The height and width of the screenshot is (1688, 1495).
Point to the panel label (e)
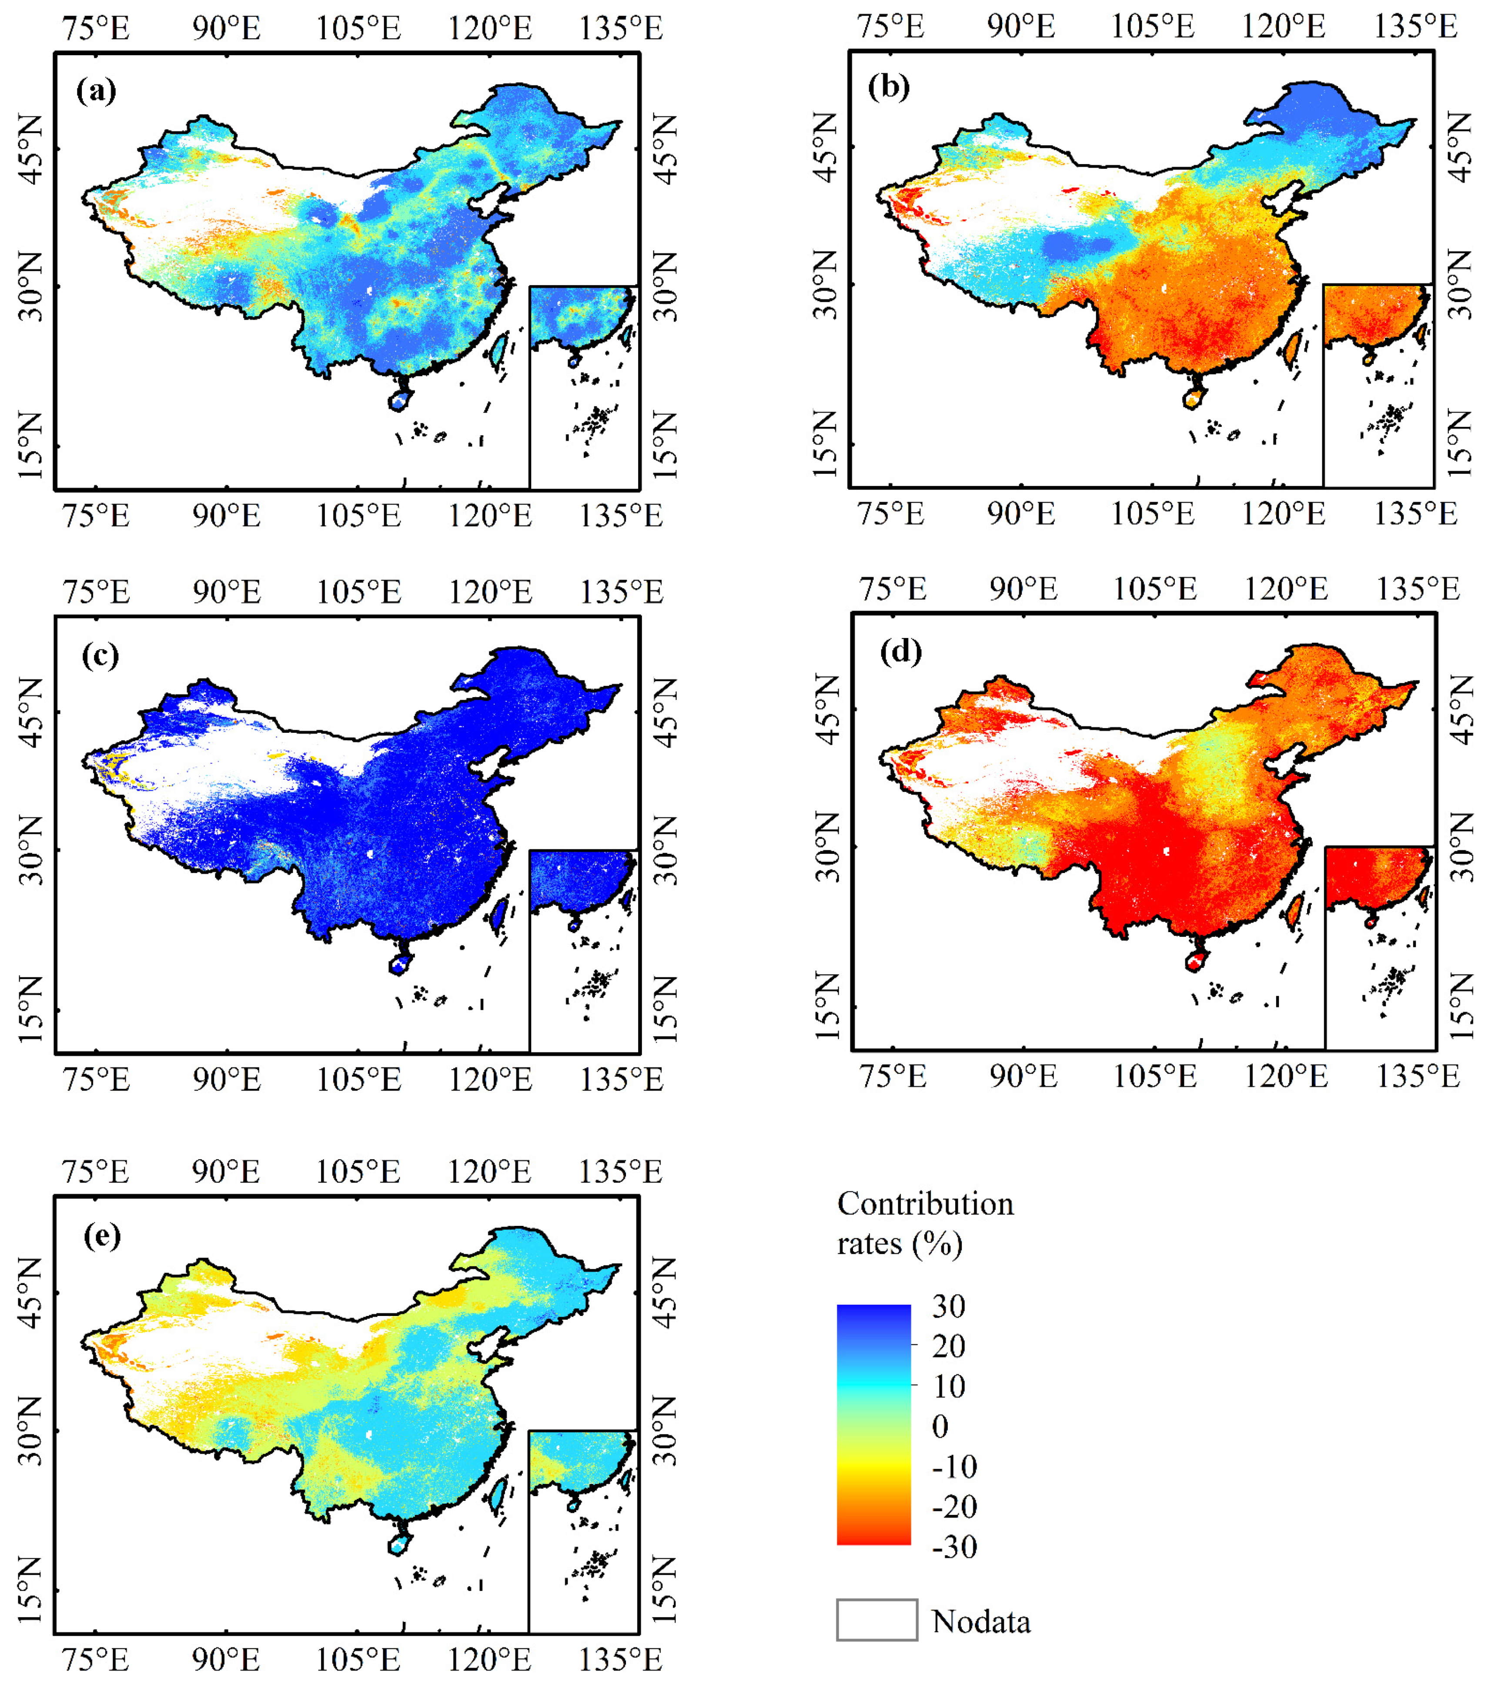[x=101, y=1236]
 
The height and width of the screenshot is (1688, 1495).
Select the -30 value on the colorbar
[x=954, y=1546]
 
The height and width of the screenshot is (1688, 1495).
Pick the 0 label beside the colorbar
[x=940, y=1426]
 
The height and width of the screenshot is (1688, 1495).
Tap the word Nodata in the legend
[x=981, y=1622]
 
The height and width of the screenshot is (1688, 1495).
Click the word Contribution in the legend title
[x=925, y=1204]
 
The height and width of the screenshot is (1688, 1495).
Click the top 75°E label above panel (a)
[x=96, y=28]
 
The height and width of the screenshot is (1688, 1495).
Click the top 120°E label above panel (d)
[x=1286, y=589]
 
